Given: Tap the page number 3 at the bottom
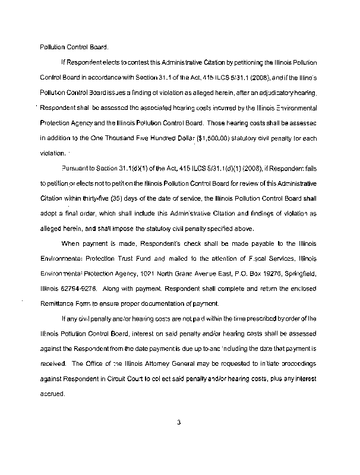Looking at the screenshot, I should coord(178,423).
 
